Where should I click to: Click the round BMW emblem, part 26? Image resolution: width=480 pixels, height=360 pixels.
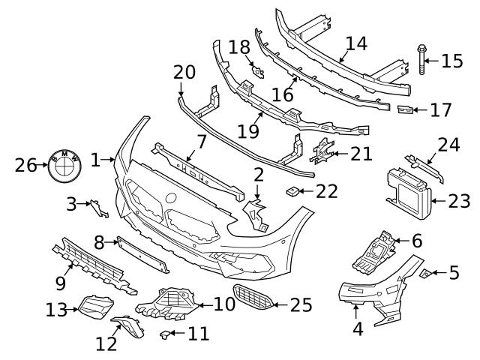[63, 164]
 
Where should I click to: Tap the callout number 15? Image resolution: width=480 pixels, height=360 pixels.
[452, 61]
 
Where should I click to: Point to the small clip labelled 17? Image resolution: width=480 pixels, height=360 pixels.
[405, 110]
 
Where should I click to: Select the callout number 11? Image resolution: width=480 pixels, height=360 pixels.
[199, 334]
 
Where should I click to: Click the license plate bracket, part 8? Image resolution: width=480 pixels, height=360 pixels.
[141, 253]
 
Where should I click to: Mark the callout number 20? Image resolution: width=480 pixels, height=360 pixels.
[184, 73]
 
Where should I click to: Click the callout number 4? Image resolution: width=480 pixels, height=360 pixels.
[358, 328]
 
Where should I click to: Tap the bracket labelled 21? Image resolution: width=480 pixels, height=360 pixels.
[322, 151]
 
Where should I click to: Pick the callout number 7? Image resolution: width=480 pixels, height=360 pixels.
[201, 141]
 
